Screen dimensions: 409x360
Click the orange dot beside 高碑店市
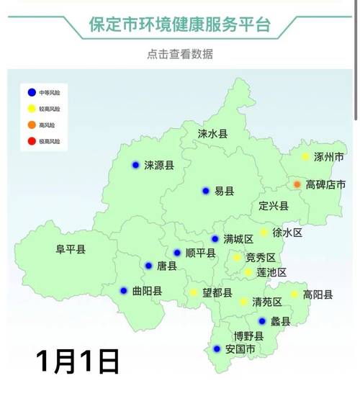(x=297, y=184)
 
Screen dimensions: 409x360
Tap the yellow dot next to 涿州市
(x=305, y=156)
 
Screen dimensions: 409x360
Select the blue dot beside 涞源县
(x=135, y=165)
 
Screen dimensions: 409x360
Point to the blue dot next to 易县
(x=205, y=191)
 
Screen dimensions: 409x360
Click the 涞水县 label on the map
(x=213, y=134)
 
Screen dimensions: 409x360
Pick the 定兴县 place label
(x=274, y=206)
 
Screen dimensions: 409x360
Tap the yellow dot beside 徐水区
(x=264, y=233)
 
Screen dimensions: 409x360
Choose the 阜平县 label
(x=71, y=250)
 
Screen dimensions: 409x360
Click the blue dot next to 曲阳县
(x=124, y=291)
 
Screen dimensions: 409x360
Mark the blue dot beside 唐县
(x=148, y=266)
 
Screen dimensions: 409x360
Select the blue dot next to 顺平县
(x=177, y=253)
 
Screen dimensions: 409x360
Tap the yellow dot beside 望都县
(x=194, y=292)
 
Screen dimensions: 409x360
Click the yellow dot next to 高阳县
(x=294, y=294)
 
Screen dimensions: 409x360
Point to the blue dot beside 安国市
(x=217, y=349)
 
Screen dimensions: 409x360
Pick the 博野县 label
(x=239, y=336)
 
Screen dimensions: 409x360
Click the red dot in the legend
(x=31, y=141)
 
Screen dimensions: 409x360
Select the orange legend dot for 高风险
(x=31, y=125)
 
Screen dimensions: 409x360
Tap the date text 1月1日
(x=76, y=361)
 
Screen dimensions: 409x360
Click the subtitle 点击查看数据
(x=179, y=54)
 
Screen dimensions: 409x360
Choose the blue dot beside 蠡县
(x=262, y=321)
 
